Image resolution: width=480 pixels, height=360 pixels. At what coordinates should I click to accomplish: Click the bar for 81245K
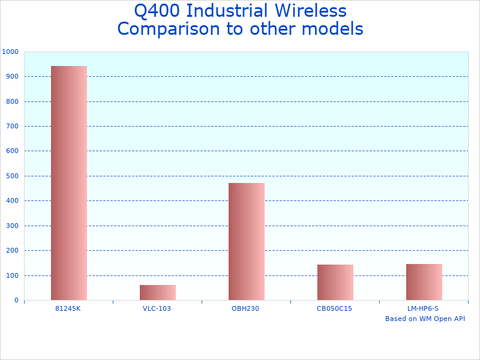(x=69, y=183)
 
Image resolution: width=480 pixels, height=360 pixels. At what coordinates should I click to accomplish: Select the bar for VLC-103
(x=158, y=293)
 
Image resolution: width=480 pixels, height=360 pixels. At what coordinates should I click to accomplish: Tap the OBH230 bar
(x=247, y=241)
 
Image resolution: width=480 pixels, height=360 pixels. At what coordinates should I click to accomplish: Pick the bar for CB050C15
(x=335, y=282)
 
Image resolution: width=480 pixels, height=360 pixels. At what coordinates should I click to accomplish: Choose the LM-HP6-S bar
(x=424, y=282)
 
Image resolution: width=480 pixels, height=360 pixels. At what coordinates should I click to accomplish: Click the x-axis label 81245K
(x=68, y=308)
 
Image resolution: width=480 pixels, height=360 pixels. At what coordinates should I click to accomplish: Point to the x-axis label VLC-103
(x=157, y=308)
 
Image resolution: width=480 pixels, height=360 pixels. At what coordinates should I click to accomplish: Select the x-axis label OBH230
(x=245, y=308)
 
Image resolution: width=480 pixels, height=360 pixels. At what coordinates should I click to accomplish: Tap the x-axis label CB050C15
(x=334, y=308)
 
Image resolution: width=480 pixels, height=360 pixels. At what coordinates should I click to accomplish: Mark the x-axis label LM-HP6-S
(x=423, y=308)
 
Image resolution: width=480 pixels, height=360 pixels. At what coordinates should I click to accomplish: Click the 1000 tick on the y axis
(x=10, y=52)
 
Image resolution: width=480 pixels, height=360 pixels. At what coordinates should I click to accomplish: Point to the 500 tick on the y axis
(x=12, y=176)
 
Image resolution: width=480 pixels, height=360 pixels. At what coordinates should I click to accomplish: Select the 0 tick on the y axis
(x=16, y=301)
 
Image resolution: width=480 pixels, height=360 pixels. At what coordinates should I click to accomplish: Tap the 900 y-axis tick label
(x=12, y=77)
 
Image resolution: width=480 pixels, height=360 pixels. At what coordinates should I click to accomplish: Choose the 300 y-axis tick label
(x=12, y=226)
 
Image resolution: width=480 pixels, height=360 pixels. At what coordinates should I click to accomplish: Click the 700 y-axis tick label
(x=12, y=127)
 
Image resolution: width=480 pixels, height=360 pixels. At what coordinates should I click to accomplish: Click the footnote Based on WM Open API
(x=425, y=319)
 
